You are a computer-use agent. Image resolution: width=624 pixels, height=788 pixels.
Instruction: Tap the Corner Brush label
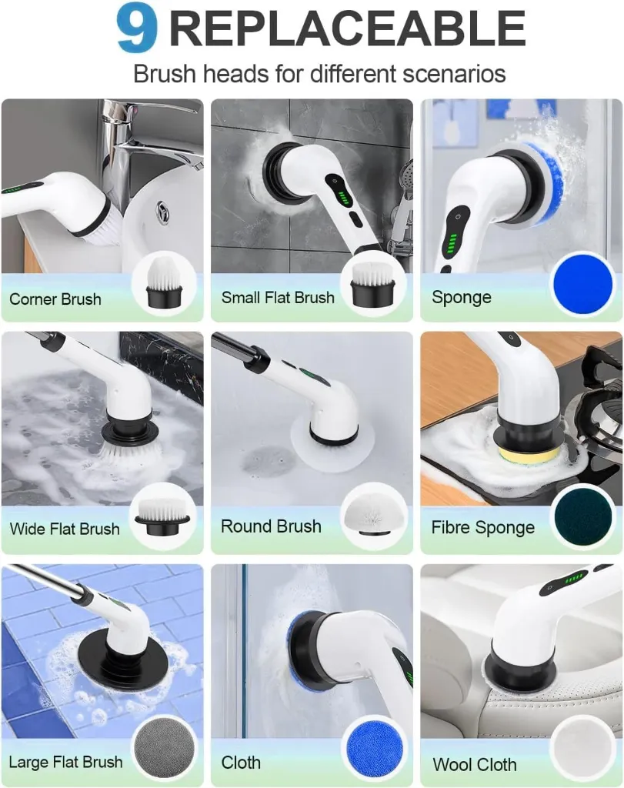(x=55, y=299)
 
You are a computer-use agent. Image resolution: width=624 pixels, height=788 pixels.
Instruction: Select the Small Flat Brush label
(x=278, y=297)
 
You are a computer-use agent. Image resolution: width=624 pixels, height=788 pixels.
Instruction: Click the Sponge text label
(x=462, y=298)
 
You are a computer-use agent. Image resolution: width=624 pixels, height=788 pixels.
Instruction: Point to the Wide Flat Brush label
(x=65, y=529)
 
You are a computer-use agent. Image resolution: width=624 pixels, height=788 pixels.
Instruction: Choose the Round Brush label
(x=271, y=526)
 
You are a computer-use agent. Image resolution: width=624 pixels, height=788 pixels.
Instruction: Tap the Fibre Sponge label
(x=482, y=528)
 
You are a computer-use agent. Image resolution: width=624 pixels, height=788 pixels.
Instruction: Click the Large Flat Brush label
(x=65, y=762)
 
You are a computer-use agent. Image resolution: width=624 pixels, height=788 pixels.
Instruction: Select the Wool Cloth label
(x=475, y=764)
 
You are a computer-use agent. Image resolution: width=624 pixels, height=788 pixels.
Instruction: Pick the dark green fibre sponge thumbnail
(x=582, y=515)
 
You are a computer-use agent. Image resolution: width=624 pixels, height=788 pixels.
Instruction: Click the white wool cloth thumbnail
(x=582, y=747)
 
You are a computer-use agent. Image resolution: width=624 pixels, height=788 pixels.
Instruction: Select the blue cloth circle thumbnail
(x=373, y=747)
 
